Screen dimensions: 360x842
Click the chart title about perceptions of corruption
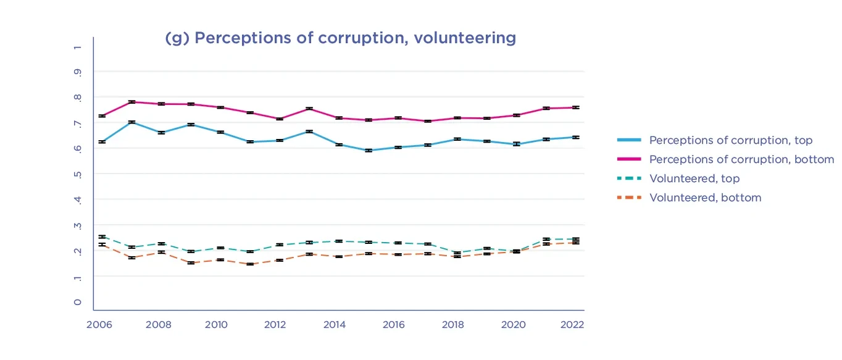(x=340, y=38)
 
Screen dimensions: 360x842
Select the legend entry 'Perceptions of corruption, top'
(x=730, y=141)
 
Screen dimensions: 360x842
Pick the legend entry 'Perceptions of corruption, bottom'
(x=741, y=159)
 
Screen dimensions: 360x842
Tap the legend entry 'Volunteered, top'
(x=694, y=178)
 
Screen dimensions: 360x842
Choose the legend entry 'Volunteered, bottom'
(x=705, y=198)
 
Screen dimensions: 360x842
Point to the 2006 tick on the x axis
(x=98, y=325)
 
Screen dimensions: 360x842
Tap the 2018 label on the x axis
(x=452, y=325)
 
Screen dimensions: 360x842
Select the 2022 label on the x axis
(x=571, y=325)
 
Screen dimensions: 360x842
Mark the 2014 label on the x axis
(x=334, y=325)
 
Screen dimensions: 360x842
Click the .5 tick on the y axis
(x=77, y=174)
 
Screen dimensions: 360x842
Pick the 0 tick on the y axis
(x=77, y=302)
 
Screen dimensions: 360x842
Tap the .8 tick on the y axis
(x=77, y=97)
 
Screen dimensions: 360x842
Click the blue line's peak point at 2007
(x=131, y=122)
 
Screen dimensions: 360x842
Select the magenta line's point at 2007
(x=131, y=102)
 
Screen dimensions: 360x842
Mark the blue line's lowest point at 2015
(x=369, y=150)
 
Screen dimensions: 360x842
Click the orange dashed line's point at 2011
(x=250, y=264)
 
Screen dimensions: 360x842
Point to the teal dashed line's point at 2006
(x=102, y=237)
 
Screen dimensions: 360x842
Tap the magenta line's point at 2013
(x=309, y=109)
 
